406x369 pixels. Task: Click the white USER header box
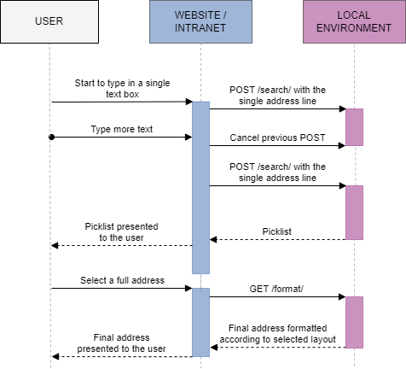pos(49,20)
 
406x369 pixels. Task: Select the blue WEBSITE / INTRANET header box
pos(200,20)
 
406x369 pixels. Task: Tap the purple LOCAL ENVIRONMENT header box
pos(354,20)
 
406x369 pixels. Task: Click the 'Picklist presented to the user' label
pos(120,232)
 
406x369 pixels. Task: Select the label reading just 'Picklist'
pos(276,231)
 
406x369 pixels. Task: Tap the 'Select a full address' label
pos(121,280)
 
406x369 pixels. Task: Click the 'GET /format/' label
pos(277,289)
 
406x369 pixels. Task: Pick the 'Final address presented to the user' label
pos(120,343)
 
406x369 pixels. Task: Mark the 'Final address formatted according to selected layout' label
pos(277,334)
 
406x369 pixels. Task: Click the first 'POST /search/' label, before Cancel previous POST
pos(277,96)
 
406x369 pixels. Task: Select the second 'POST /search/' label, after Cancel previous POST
pos(277,172)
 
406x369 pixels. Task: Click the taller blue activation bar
pos(200,186)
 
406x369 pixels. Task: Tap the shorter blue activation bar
pos(200,321)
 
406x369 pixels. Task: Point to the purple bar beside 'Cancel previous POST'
pos(354,126)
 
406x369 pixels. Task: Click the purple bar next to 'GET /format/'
pos(354,322)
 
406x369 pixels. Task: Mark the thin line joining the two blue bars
pos(200,280)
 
